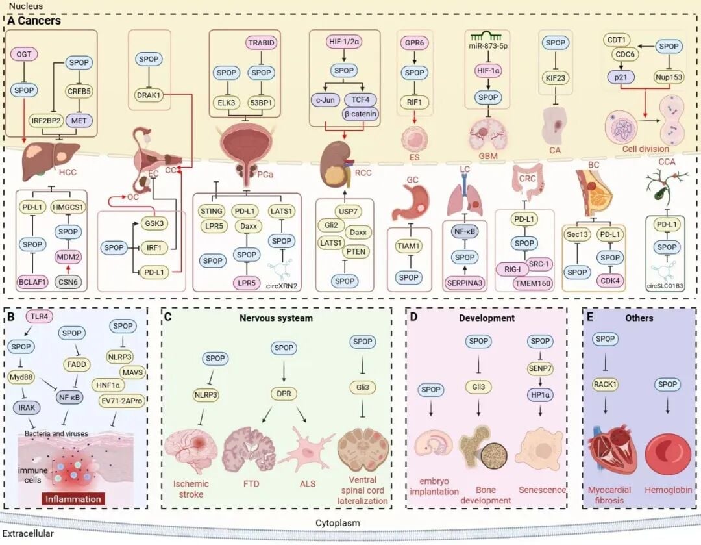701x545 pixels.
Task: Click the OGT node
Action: [x=24, y=54]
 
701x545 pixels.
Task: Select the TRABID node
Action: [x=262, y=42]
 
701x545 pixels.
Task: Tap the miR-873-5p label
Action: [x=488, y=46]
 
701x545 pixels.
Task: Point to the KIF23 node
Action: [x=555, y=78]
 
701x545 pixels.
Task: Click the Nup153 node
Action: [x=669, y=77]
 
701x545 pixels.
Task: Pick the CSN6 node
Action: [x=68, y=281]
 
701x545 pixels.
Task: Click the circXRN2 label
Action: [x=282, y=286]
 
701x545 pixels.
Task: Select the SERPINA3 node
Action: [x=465, y=283]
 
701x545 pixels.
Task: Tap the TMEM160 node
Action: [x=532, y=283]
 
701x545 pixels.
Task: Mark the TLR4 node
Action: [x=40, y=316]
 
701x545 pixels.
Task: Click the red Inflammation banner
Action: [x=73, y=499]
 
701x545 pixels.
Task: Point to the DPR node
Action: [x=284, y=394]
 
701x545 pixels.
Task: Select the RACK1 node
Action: [x=605, y=384]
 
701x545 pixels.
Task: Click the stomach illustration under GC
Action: [x=410, y=204]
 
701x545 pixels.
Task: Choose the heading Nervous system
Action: [x=276, y=318]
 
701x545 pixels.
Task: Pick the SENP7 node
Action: [x=540, y=369]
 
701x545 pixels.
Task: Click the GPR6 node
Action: [x=414, y=42]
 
